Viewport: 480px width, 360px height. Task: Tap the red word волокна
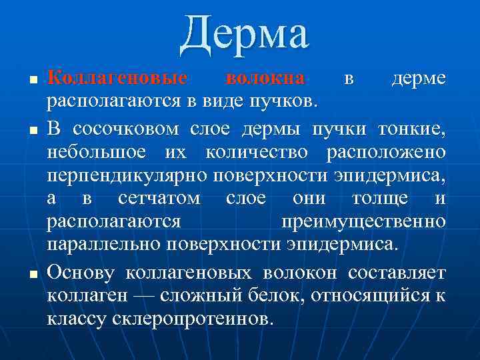click(x=265, y=79)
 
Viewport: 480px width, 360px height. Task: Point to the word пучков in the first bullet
click(x=289, y=102)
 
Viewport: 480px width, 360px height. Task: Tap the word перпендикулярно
click(x=127, y=175)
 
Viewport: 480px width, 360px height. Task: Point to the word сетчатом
click(x=158, y=199)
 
